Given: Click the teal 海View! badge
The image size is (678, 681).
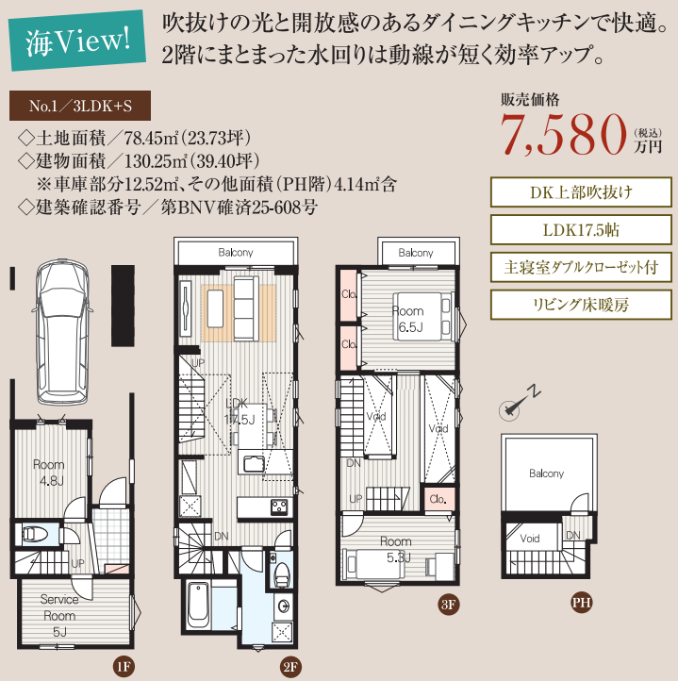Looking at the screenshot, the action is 78,40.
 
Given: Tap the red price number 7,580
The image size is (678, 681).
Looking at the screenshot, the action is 564,134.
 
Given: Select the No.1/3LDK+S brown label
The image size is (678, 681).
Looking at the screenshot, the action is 80,106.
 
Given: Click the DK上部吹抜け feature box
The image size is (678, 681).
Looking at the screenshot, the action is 581,192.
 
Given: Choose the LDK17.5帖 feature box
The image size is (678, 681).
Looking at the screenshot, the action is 581,230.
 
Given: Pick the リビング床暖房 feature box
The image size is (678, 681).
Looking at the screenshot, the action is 581,305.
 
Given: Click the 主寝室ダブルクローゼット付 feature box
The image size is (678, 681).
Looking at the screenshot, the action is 581,267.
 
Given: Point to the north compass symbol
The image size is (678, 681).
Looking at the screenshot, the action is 519,403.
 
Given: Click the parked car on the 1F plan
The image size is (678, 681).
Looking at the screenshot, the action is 62,332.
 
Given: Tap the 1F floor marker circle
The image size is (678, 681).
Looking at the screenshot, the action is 124,666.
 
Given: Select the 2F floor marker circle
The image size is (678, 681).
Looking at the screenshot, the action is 290,667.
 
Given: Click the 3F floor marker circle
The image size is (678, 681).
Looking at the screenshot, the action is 448,605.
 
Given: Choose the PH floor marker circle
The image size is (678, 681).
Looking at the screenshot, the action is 581,603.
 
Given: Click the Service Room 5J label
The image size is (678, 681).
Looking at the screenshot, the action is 59,616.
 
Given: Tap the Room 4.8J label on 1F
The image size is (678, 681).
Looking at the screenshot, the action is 49,473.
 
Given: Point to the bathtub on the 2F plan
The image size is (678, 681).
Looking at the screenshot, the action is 198,605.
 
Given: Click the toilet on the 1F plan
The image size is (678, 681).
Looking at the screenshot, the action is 34,534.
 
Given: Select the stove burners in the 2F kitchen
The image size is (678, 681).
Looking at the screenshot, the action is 279,507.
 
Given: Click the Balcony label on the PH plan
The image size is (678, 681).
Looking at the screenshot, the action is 546,473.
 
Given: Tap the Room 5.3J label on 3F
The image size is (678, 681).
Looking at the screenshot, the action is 396,549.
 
